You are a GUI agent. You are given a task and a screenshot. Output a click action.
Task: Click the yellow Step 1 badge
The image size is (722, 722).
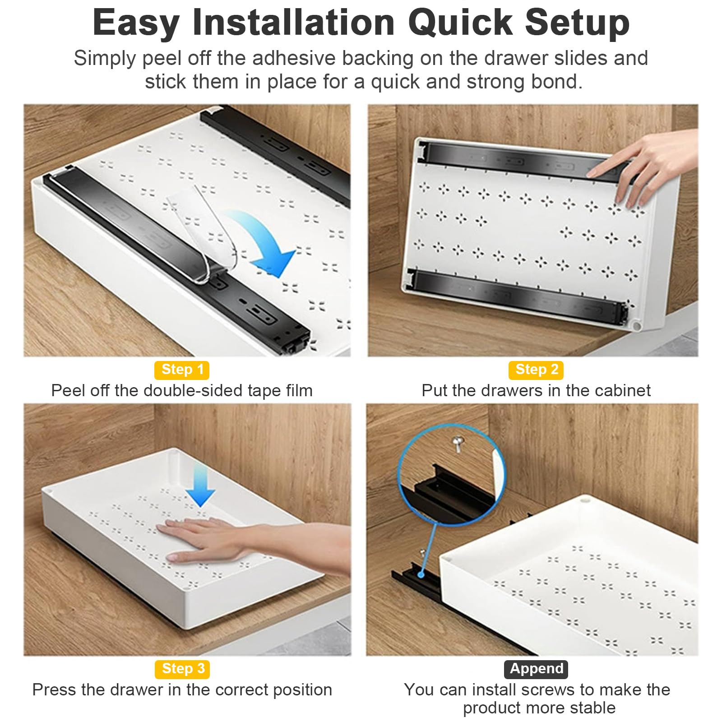coord(182,370)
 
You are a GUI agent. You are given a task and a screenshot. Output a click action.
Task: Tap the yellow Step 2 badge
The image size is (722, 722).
coord(536,370)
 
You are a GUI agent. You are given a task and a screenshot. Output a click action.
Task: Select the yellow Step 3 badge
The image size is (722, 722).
coord(183,669)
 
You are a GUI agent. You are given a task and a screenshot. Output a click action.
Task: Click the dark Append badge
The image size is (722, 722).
coord(536,669)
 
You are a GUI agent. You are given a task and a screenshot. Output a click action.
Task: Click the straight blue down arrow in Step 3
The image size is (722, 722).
coord(200,485)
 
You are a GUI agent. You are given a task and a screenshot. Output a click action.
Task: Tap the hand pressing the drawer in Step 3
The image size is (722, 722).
coord(235,539)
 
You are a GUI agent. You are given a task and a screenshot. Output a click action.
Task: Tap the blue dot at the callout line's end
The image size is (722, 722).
coord(421,574)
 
